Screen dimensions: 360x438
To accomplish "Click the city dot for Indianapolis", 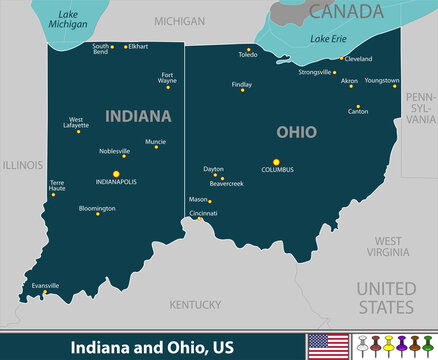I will coord(116,173).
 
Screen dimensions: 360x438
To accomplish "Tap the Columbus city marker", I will coord(277,161).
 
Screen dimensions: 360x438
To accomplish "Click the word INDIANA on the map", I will coord(138,116).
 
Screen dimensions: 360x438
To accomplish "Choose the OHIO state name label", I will coord(296,132).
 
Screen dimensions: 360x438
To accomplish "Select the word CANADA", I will coord(345,12).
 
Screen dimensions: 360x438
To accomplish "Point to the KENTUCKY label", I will coord(195,304).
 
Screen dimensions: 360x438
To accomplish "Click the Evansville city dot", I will coord(44,293).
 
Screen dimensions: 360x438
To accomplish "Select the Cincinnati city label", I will coord(203,213).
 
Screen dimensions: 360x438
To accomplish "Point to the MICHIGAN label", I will coord(180,20).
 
